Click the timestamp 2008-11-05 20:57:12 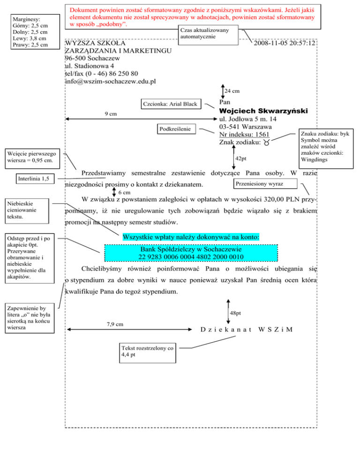click(x=284, y=43)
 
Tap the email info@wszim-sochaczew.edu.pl click(x=111, y=81)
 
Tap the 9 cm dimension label click(x=111, y=114)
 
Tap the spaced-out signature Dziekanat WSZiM click(x=247, y=329)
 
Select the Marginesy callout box click(x=31, y=31)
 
